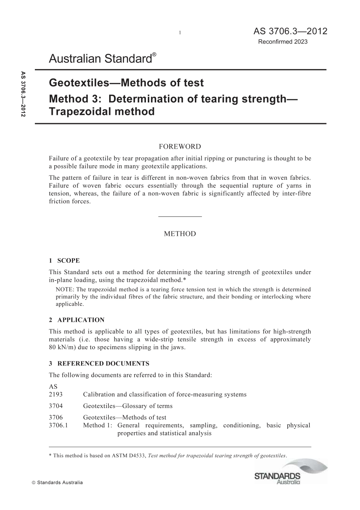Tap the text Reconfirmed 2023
283,42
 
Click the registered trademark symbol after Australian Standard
154,55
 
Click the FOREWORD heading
180,146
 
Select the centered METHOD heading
180,234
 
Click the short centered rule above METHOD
180,217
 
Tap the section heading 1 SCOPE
64,260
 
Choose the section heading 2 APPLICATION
77,320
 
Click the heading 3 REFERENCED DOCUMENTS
99,364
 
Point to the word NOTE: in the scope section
64,290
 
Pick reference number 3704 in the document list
56,406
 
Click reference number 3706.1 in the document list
58,425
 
